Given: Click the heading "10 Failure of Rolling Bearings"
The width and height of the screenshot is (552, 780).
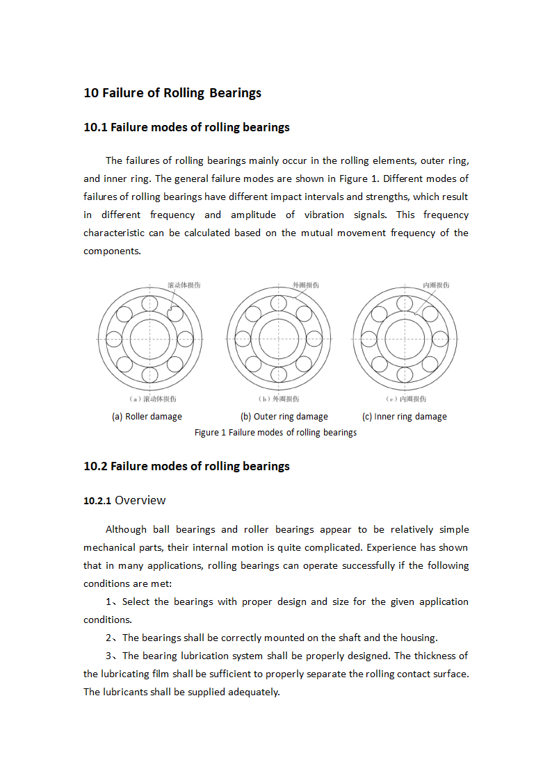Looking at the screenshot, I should coord(172,93).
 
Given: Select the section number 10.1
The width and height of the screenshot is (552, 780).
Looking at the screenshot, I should coord(95,127).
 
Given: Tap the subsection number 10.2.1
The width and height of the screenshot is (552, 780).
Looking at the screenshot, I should coord(97,501).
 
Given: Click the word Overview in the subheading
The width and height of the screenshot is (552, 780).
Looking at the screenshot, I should coord(140,500).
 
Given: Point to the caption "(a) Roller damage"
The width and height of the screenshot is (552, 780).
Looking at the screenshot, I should coord(147,417).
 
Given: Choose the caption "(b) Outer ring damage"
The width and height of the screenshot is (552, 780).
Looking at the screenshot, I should coord(284,417).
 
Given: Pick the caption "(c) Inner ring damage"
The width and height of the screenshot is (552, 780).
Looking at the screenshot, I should coord(404,417).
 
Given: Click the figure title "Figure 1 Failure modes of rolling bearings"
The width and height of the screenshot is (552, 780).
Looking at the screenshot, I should coord(275,433).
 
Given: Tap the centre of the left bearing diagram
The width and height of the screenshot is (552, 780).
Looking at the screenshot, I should coord(149,339).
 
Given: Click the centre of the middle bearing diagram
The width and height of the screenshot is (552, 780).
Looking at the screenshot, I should coord(278,339).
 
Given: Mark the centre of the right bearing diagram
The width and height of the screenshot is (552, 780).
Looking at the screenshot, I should coord(405,339).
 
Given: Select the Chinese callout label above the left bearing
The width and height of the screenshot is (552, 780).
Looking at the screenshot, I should coord(184,285).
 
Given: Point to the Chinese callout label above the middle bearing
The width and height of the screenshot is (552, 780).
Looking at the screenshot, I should coord(306,285).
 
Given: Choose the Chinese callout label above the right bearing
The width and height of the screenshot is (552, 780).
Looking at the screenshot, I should coord(436,285).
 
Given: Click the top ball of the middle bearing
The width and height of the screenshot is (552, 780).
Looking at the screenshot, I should coord(278,304).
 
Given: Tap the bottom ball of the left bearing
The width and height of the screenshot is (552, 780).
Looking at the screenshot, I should coord(149,375).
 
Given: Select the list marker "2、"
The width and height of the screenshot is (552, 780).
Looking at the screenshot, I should coord(113,638).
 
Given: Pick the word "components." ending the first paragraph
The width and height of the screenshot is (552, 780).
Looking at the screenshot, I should coord(112,251).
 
